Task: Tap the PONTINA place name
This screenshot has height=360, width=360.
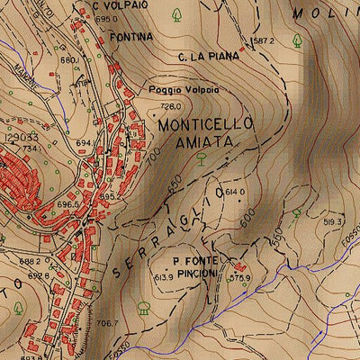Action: [x=131, y=37]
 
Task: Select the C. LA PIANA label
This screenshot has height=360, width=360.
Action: [x=209, y=57]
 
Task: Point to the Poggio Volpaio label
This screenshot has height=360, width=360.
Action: [x=185, y=90]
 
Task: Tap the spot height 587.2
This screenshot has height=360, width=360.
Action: [x=264, y=41]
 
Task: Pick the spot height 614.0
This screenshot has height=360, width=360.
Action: [x=235, y=193]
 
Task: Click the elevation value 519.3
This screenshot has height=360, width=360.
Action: [x=334, y=220]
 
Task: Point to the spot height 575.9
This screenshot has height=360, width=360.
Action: [x=238, y=279]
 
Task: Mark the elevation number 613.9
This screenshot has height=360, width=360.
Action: [x=163, y=278]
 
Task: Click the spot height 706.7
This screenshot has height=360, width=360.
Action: [x=107, y=322]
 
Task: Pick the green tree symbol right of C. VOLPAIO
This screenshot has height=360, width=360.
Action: [x=176, y=15]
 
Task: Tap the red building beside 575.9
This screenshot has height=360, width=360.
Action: [x=239, y=267]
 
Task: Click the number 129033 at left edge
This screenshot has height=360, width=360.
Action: [x=20, y=139]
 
